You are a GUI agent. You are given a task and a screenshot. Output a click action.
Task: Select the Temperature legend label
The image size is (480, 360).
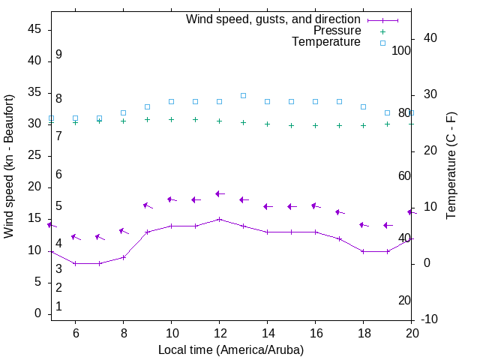coord(326,42)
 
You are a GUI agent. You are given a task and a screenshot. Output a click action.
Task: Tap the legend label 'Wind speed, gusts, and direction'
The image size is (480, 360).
coord(274,19)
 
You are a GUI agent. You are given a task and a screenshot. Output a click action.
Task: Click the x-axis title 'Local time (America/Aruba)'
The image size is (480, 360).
coord(231,349)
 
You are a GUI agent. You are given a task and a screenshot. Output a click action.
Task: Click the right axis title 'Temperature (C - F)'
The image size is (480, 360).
coord(451,166)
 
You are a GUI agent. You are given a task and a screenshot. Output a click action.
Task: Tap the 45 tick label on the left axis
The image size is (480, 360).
coord(34,29)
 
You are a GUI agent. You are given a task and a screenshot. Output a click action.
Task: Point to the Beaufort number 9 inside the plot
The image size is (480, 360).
coord(58,55)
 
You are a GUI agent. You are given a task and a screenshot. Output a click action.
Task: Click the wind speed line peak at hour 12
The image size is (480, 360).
coord(219,219)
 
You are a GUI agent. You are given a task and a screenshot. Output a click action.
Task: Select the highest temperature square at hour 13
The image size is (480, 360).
coord(243,95)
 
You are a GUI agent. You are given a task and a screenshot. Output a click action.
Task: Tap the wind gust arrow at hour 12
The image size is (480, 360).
coord(219,193)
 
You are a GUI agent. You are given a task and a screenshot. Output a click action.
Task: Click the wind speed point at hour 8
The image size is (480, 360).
coord(123,257)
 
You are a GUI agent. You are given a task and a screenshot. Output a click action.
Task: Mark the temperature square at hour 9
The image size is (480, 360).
coord(147,106)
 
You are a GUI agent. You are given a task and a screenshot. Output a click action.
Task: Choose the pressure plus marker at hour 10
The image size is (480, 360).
coord(171,119)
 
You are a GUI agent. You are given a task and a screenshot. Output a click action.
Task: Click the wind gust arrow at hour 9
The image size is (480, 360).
coord(147,205)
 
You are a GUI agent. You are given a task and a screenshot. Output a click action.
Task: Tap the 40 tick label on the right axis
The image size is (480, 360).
coord(431,38)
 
